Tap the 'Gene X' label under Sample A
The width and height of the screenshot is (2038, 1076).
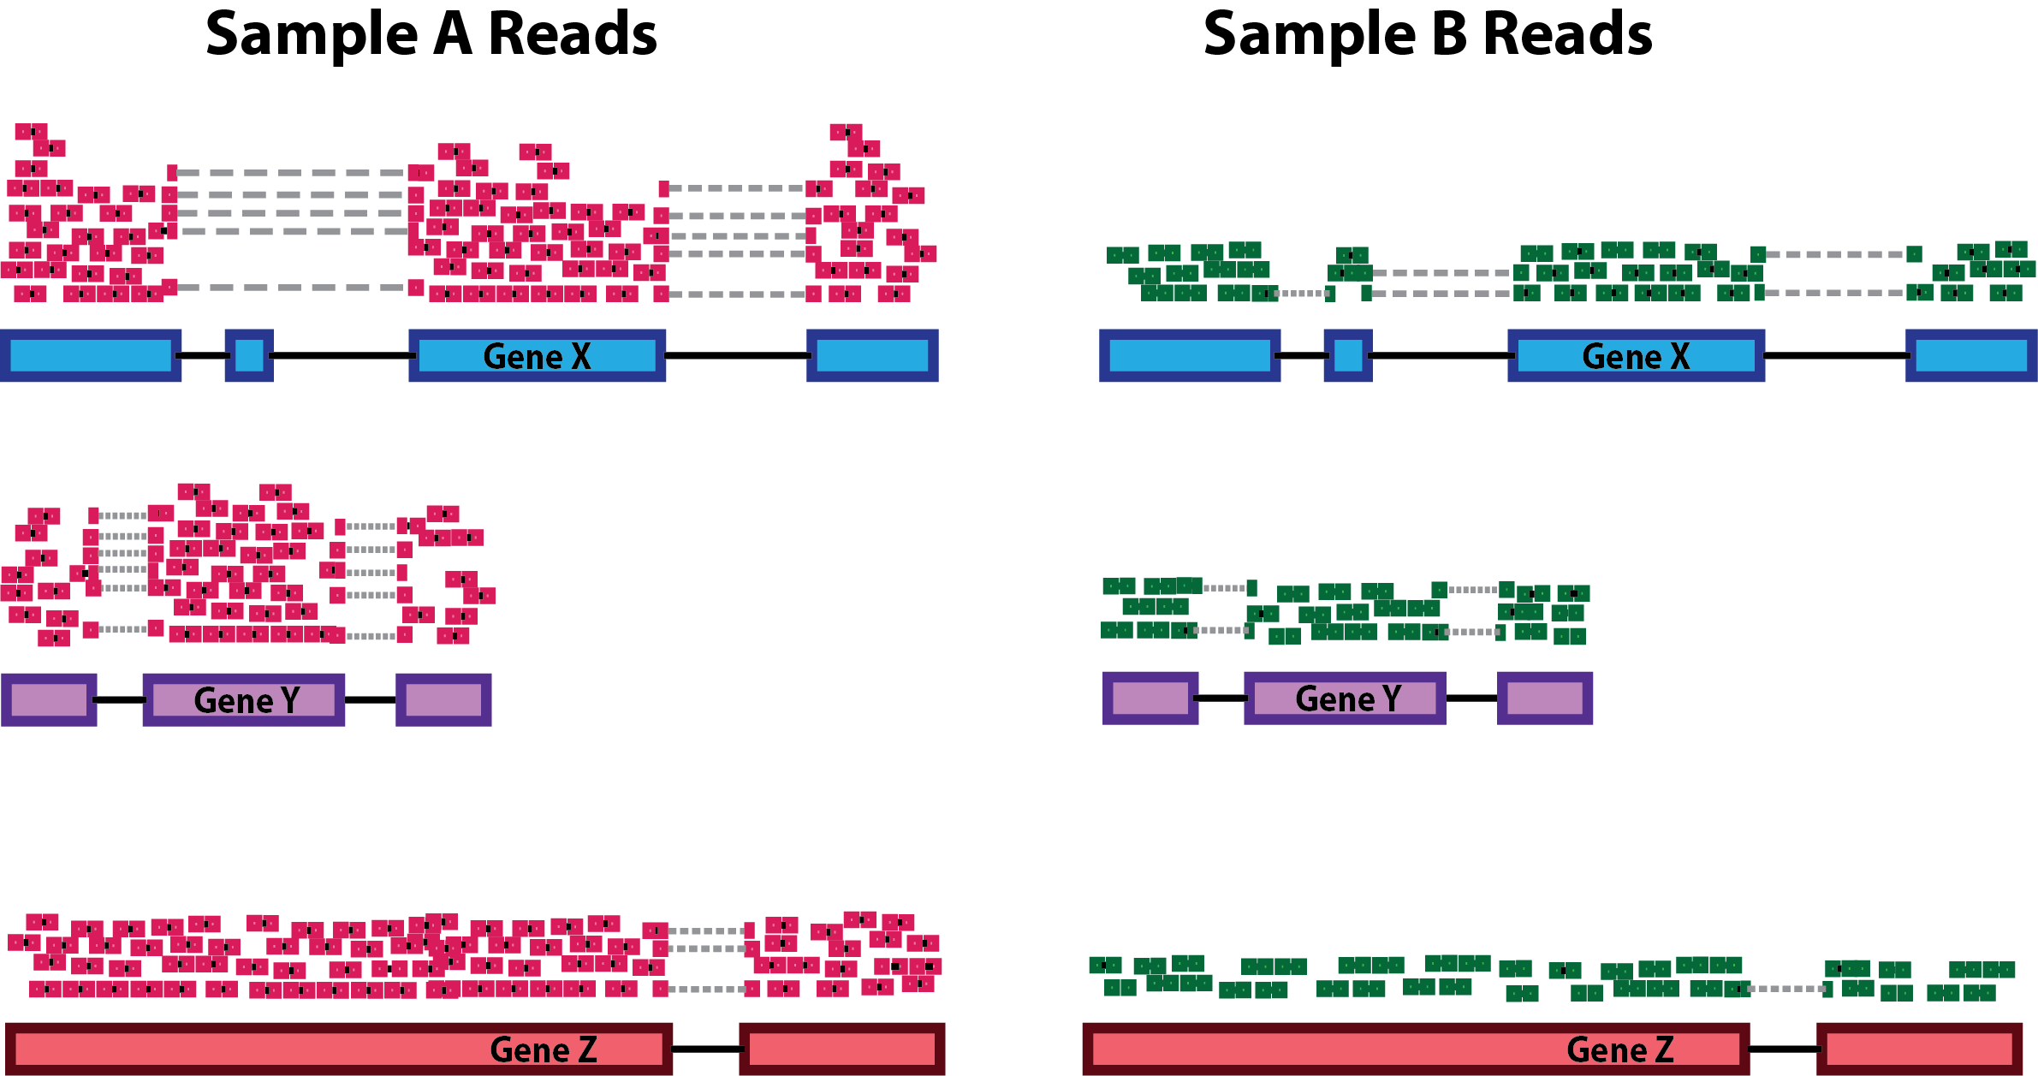pos(537,356)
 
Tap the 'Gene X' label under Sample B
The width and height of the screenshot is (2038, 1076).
pos(1636,356)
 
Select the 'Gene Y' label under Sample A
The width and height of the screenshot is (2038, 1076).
pos(247,700)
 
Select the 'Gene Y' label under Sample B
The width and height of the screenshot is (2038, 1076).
pos(1348,699)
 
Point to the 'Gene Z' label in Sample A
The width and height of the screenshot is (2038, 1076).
pos(543,1049)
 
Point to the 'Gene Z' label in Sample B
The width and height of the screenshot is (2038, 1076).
pos(1619,1049)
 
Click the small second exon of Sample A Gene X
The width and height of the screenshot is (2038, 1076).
pos(249,355)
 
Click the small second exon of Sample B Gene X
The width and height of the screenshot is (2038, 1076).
pos(1348,355)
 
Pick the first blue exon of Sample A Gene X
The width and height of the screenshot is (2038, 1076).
pos(91,355)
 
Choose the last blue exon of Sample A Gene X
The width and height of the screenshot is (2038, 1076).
pos(872,355)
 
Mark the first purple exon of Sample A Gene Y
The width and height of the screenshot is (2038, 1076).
pos(49,699)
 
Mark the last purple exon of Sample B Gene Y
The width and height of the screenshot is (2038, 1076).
pos(1545,698)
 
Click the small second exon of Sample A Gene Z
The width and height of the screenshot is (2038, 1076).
pos(841,1049)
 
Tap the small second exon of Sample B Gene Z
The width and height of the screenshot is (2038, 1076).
pos(1920,1049)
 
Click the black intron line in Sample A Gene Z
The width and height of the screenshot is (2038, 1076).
pos(706,1049)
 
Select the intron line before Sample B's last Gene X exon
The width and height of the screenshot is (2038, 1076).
pos(1835,355)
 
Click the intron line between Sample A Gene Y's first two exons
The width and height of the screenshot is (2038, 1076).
pos(120,699)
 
